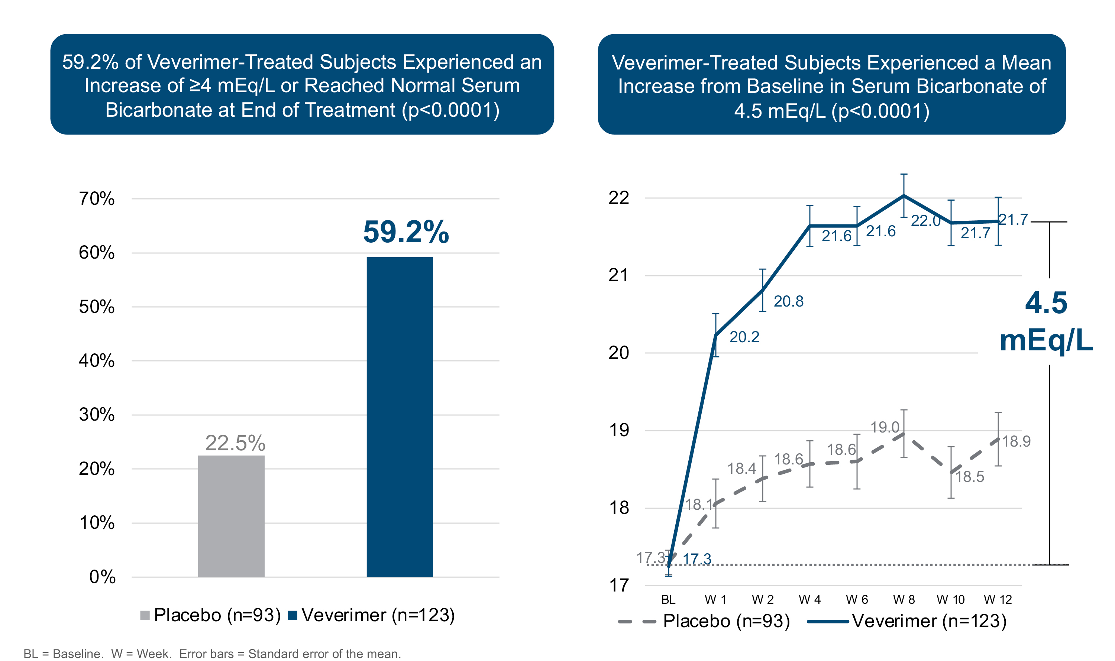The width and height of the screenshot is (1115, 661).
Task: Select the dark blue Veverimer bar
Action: pyautogui.click(x=399, y=417)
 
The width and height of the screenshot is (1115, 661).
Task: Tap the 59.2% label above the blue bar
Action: pyautogui.click(x=406, y=232)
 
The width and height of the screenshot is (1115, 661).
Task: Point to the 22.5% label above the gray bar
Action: pyautogui.click(x=235, y=443)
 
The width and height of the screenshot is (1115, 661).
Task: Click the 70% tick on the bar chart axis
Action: pyautogui.click(x=96, y=199)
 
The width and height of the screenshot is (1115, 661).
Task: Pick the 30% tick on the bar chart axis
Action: pyautogui.click(x=96, y=415)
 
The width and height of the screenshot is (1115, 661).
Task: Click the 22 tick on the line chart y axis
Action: pyautogui.click(x=618, y=198)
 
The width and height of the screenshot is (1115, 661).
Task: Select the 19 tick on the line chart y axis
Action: pyautogui.click(x=618, y=430)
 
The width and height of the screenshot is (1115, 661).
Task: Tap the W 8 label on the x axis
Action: pyautogui.click(x=904, y=600)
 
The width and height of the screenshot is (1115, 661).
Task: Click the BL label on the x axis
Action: pyautogui.click(x=668, y=600)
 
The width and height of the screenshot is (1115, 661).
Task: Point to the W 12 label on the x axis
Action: pyautogui.click(x=998, y=600)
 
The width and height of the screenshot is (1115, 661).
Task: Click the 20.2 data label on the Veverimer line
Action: pyautogui.click(x=744, y=337)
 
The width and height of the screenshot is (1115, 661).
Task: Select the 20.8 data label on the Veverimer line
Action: pyautogui.click(x=788, y=302)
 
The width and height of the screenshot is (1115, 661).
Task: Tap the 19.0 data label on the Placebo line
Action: pyautogui.click(x=885, y=428)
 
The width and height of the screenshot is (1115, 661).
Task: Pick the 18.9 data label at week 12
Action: pyautogui.click(x=1016, y=441)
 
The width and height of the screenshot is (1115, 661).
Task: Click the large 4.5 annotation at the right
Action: pyautogui.click(x=1046, y=303)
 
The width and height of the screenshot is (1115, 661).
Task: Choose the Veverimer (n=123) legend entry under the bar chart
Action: pyautogui.click(x=378, y=615)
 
